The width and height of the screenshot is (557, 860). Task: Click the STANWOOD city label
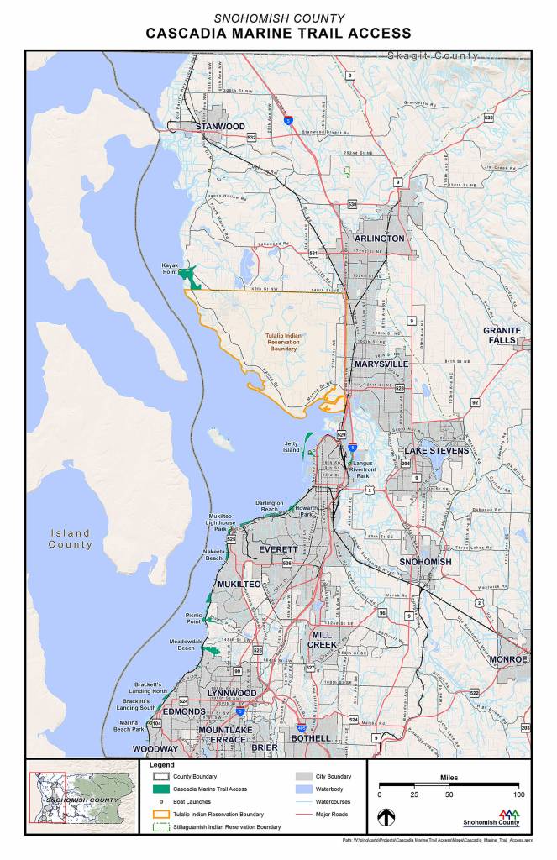[x=220, y=127]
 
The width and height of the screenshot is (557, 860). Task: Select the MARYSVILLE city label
[x=381, y=364]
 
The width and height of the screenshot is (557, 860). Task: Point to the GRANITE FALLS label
[x=502, y=335]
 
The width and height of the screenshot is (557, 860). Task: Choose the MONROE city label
[x=508, y=660]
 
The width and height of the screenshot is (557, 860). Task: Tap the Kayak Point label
[x=171, y=269]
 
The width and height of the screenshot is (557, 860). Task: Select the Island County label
[x=70, y=538]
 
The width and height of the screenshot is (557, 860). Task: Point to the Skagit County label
[x=433, y=56]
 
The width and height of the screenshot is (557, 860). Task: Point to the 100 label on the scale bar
[x=518, y=794]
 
